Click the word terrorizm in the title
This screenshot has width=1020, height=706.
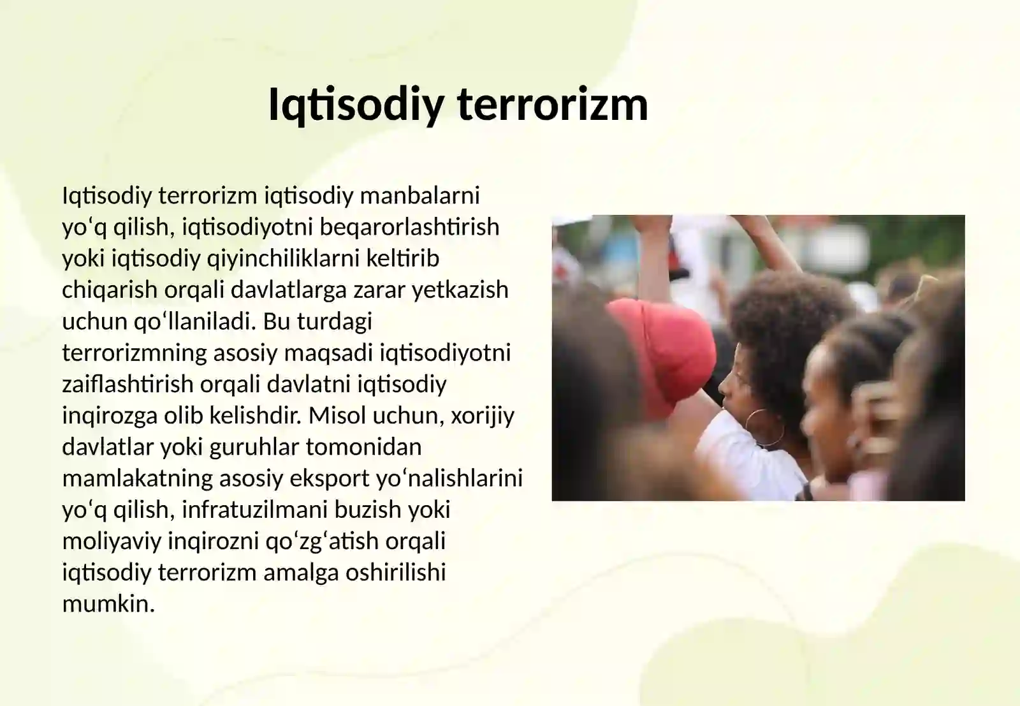click(553, 104)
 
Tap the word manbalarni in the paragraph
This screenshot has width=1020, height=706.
click(419, 195)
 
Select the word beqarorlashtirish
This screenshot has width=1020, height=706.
click(409, 226)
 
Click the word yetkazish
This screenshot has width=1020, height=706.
click(460, 290)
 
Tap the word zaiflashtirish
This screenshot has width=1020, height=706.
click(127, 384)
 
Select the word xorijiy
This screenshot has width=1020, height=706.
click(482, 416)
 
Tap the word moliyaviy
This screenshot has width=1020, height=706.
click(112, 541)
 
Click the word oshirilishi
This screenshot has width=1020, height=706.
click(395, 572)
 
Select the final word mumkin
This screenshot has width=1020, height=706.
click(108, 603)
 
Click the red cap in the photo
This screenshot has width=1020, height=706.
click(663, 351)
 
